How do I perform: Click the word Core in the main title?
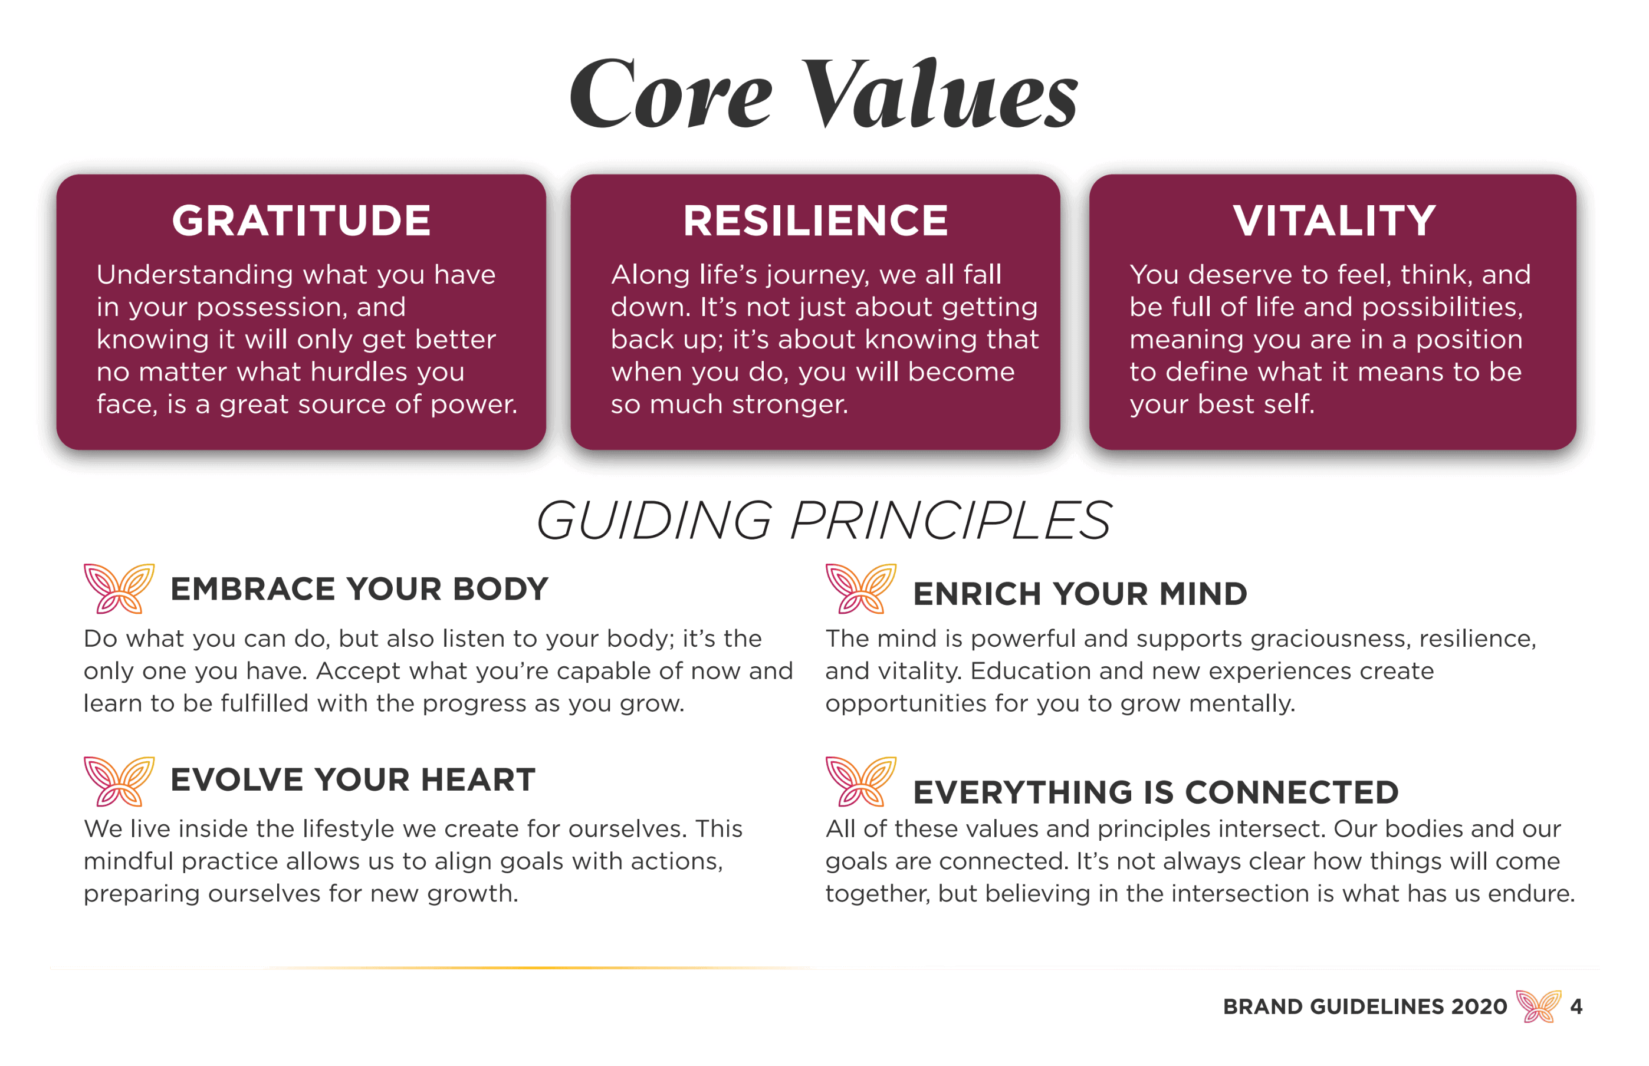[669, 93]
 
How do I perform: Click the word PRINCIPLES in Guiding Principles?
[951, 521]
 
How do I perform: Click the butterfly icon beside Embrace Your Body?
[119, 588]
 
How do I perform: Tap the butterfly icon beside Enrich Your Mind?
[860, 588]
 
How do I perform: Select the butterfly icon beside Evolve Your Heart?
[119, 781]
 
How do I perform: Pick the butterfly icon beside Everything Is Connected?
[860, 781]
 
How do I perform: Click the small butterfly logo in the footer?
[1538, 1006]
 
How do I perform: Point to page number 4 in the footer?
[1576, 1006]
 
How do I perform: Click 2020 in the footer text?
[1479, 1006]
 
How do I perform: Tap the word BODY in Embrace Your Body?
[501, 589]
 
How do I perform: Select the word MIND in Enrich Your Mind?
[1203, 594]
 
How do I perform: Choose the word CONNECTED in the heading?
[1292, 792]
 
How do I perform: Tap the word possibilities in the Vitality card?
[1443, 307]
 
